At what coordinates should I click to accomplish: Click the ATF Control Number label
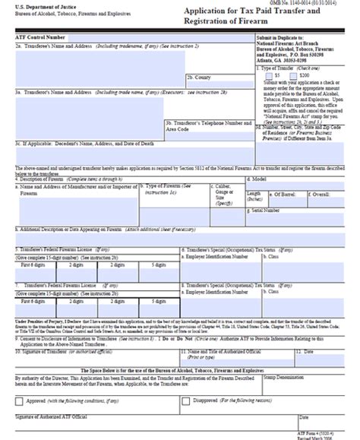click(39, 36)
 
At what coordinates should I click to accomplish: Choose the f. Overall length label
click(330, 194)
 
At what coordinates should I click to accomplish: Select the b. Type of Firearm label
click(166, 186)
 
